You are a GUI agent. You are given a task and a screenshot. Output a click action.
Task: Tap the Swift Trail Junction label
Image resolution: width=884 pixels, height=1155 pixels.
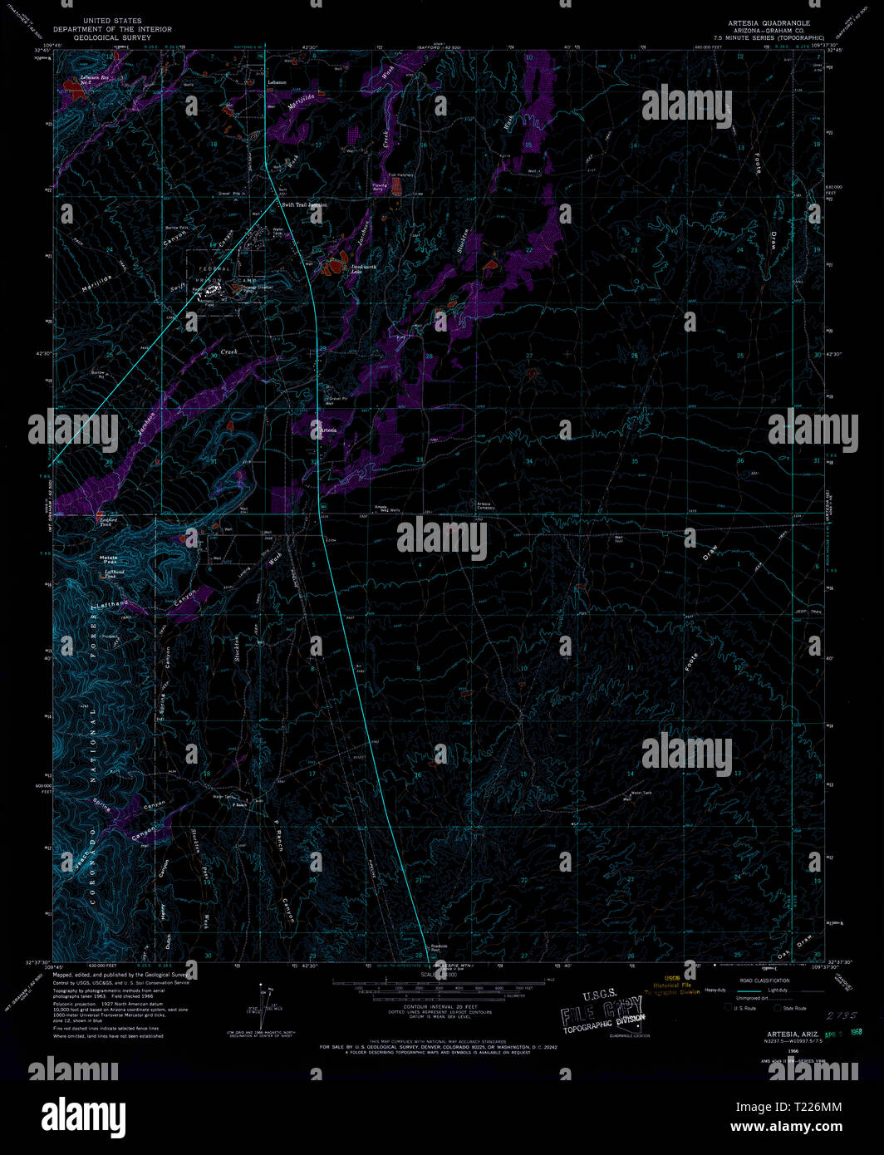click(x=304, y=204)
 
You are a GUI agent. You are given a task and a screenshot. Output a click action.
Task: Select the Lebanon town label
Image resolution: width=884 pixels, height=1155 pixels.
click(x=277, y=83)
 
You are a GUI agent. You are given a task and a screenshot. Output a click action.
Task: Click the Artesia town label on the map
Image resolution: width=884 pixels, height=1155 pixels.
click(x=328, y=430)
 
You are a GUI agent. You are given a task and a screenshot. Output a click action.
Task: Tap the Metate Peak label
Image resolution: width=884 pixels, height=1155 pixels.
click(x=109, y=559)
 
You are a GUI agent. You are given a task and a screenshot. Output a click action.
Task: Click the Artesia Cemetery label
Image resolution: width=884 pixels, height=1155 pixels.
click(x=484, y=504)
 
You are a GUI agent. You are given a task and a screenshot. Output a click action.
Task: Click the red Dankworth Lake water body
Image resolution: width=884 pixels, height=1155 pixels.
click(x=336, y=266)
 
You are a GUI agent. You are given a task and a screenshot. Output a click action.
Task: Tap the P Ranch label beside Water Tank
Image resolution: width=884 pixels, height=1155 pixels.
click(x=240, y=804)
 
